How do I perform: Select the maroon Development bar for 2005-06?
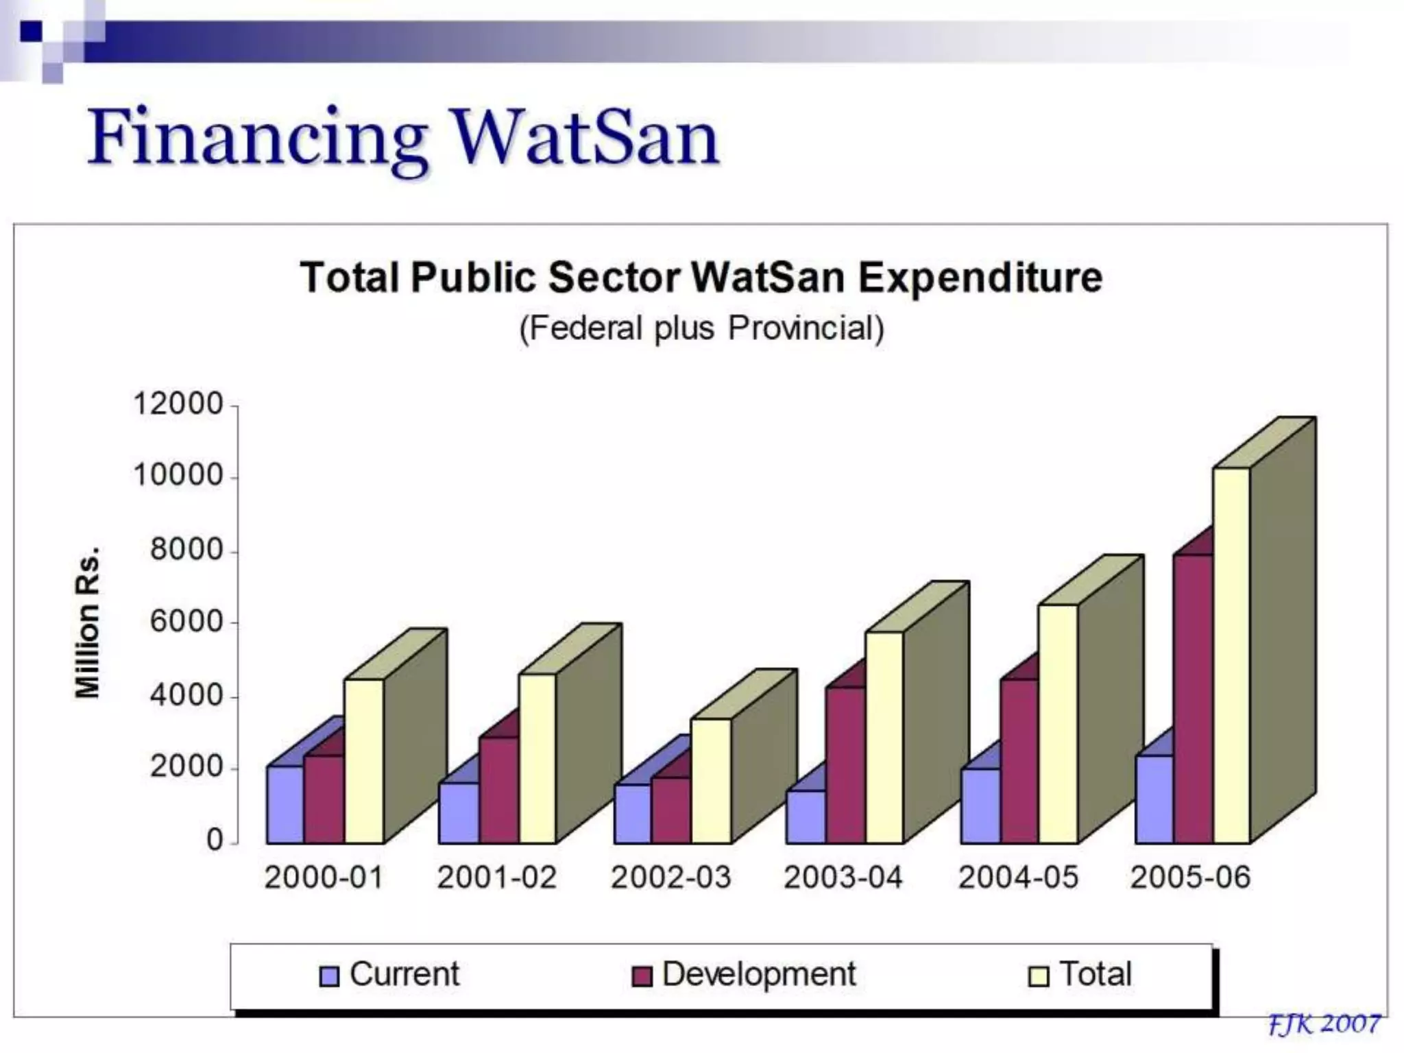(1193, 699)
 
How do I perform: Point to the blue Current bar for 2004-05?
(980, 806)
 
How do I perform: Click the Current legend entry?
(390, 974)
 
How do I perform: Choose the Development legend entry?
(744, 974)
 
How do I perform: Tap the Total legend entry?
(1081, 974)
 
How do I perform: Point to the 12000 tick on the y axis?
(178, 404)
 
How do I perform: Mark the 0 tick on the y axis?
(215, 840)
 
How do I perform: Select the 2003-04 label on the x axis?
(843, 877)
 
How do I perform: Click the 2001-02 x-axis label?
(497, 877)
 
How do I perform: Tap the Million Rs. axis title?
(88, 622)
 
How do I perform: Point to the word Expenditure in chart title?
(980, 278)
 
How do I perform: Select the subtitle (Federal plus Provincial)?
(701, 328)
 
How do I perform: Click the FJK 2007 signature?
(1324, 1024)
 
